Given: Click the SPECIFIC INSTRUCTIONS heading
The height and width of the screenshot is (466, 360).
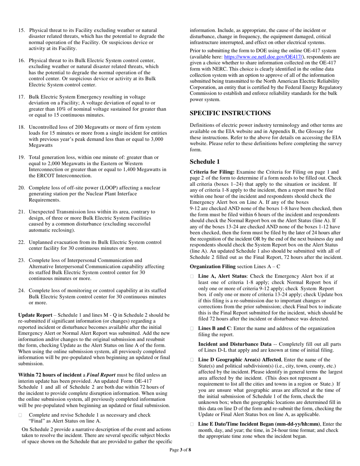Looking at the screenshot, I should [230, 113].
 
